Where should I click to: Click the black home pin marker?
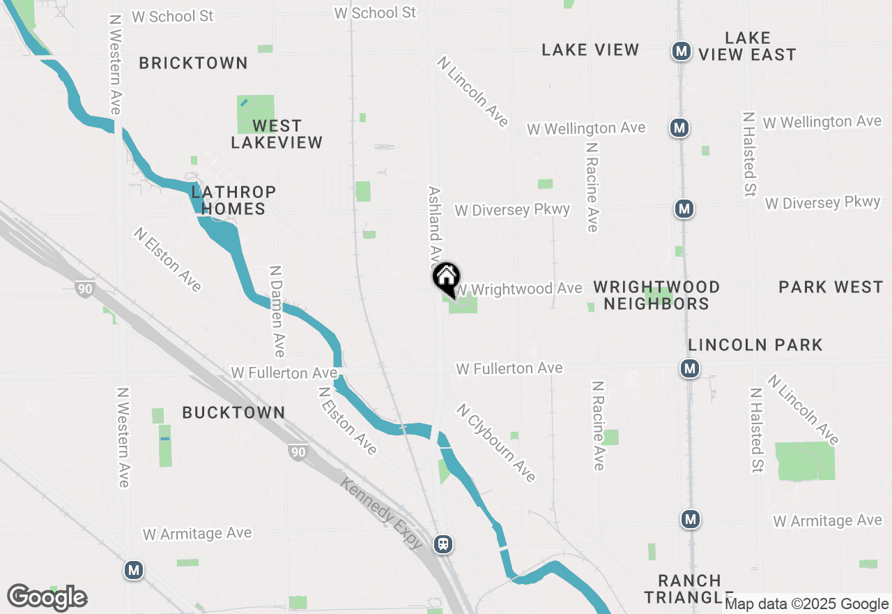[446, 278]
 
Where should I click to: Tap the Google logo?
[47, 598]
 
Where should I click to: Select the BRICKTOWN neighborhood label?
[193, 63]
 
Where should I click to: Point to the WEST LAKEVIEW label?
[277, 134]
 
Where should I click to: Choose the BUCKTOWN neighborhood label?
[233, 412]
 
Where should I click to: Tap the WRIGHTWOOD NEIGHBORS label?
[656, 295]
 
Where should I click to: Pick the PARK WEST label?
[831, 287]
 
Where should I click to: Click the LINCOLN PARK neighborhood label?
[755, 345]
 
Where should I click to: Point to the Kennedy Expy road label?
[382, 513]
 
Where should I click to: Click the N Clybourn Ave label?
[497, 442]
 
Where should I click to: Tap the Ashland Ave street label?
[436, 223]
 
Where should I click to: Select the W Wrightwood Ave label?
[519, 289]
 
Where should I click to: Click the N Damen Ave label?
[277, 310]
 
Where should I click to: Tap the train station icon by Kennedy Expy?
[443, 544]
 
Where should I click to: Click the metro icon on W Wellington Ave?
[679, 128]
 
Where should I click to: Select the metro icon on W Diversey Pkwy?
[684, 208]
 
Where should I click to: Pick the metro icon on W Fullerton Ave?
[690, 368]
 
